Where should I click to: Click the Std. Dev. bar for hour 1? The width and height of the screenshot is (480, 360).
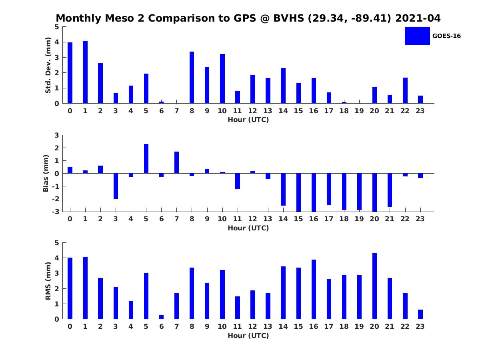(x=85, y=72)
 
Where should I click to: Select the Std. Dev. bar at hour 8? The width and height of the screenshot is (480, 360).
(x=192, y=78)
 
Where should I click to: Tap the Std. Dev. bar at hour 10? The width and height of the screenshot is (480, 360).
(x=222, y=79)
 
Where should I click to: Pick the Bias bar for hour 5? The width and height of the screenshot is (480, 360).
(x=146, y=159)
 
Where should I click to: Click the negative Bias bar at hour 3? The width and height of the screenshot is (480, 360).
(x=116, y=186)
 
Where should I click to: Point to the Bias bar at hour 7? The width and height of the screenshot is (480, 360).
(x=176, y=162)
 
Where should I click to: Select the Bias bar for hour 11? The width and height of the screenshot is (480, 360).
(x=238, y=181)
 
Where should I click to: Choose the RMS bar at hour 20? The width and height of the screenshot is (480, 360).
(x=374, y=286)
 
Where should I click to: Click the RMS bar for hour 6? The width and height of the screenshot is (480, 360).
(x=161, y=317)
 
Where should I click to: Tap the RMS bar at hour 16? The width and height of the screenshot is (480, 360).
(x=314, y=289)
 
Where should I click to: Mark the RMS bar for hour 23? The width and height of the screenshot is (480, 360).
(x=420, y=314)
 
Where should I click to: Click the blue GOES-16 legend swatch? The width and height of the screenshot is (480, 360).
(x=417, y=36)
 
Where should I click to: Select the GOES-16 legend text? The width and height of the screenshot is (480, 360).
(x=446, y=36)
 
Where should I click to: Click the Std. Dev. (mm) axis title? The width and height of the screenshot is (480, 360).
(x=48, y=65)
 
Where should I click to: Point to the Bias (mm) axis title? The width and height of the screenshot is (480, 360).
(x=46, y=173)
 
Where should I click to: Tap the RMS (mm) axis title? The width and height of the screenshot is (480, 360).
(x=48, y=281)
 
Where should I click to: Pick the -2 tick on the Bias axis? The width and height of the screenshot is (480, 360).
(x=56, y=199)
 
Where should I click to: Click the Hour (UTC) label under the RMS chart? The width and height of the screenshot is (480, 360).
(x=248, y=336)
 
